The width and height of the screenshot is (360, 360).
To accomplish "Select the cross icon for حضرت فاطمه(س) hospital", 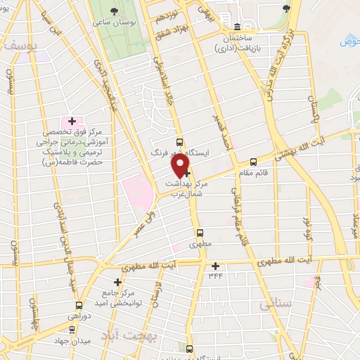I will point(72,122).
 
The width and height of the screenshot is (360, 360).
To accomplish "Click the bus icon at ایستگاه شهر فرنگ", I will point(180,141).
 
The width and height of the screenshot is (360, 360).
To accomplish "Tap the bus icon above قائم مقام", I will point(253,160).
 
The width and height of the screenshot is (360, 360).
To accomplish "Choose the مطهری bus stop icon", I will point(200,233).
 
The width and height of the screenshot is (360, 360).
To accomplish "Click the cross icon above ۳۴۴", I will point(215,266).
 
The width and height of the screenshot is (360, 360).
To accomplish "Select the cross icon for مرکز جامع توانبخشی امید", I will point(117,282).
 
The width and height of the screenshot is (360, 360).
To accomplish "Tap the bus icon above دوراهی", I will point(79,306).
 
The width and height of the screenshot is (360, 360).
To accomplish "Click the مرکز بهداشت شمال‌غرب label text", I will point(185,188).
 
